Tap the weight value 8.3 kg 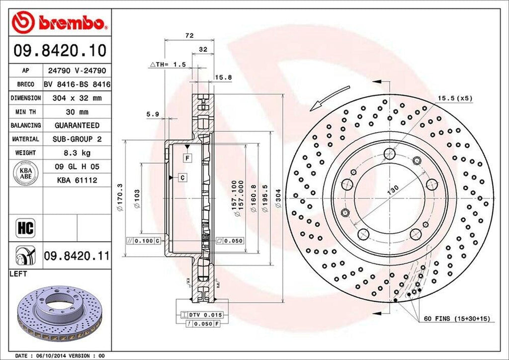point(77,153)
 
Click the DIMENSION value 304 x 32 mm point(77,98)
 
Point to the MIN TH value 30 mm point(77,112)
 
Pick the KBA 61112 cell point(77,180)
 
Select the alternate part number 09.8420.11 point(76,256)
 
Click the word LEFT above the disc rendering point(18,274)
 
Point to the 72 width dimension point(189,35)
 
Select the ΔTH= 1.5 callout point(168,65)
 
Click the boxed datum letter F point(187,158)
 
